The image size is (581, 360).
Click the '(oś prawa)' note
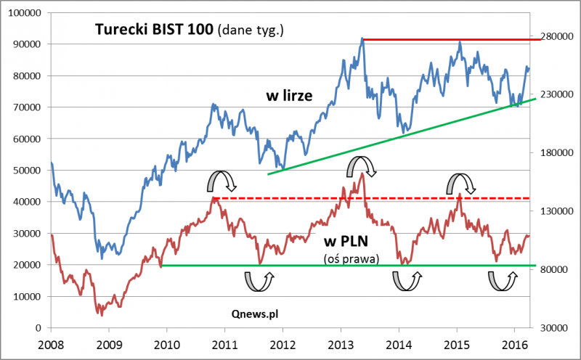[351, 257]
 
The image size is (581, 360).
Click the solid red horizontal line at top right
[450, 39]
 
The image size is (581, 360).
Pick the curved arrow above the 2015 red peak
[460, 184]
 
